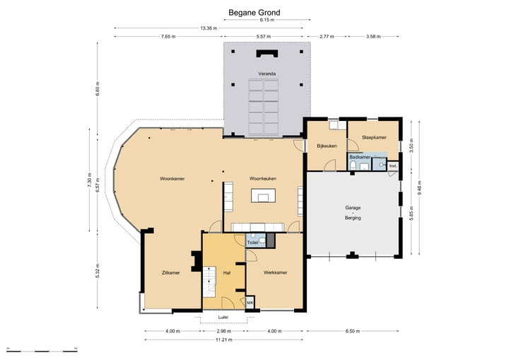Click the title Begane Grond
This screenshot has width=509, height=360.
pos(255,13)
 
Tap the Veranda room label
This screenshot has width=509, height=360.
pos(267,74)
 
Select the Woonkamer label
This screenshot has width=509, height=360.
pos(172,179)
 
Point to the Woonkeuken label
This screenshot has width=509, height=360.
pos(262,179)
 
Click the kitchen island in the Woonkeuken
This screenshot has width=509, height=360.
pos(263,196)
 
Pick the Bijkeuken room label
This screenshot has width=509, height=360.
pos(327,146)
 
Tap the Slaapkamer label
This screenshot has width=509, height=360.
pos(374,137)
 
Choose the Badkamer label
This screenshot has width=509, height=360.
pos(360,157)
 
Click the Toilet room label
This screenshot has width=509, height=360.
pos(252,243)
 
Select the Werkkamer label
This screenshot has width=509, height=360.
pos(275,272)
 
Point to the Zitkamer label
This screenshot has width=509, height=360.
pos(171,273)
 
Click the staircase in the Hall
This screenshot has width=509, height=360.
pos(210,281)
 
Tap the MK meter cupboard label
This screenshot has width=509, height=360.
pos(250,303)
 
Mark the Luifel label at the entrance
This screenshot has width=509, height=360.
pos(223,317)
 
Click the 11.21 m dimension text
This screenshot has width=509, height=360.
pos(224,340)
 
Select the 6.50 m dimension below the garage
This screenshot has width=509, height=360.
pos(353,331)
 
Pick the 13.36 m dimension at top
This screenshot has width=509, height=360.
pos(209,28)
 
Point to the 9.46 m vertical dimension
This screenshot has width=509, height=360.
pos(420,188)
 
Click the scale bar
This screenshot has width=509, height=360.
pos(42,351)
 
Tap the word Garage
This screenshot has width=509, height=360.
pos(353,208)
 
